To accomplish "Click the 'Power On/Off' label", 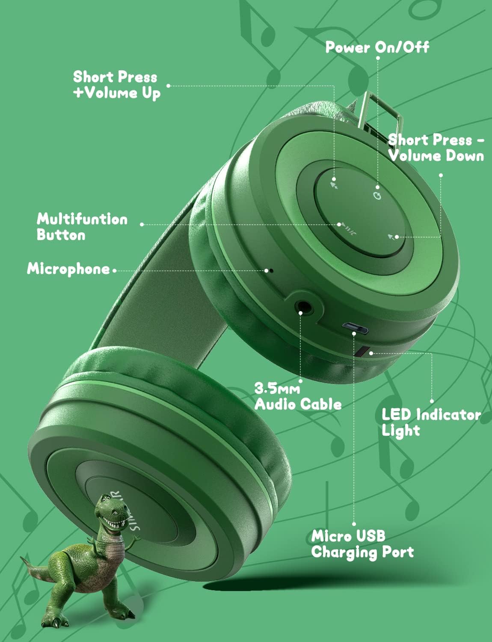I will pyautogui.click(x=377, y=47).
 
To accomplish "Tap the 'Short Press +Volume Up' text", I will pyautogui.click(x=116, y=85).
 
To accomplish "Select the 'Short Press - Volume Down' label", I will pyautogui.click(x=436, y=148).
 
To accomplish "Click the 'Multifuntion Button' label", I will pyautogui.click(x=82, y=227).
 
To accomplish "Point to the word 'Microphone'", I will pyautogui.click(x=68, y=269).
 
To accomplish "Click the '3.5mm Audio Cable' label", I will pyautogui.click(x=298, y=396).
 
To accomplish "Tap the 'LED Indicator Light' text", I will pyautogui.click(x=431, y=422).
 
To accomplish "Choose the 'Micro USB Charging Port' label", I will pyautogui.click(x=362, y=544).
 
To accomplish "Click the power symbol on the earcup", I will pyautogui.click(x=377, y=196).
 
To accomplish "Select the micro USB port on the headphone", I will pyautogui.click(x=355, y=328).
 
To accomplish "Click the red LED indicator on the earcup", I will pyautogui.click(x=360, y=351).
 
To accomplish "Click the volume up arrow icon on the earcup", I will pyautogui.click(x=335, y=184).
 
